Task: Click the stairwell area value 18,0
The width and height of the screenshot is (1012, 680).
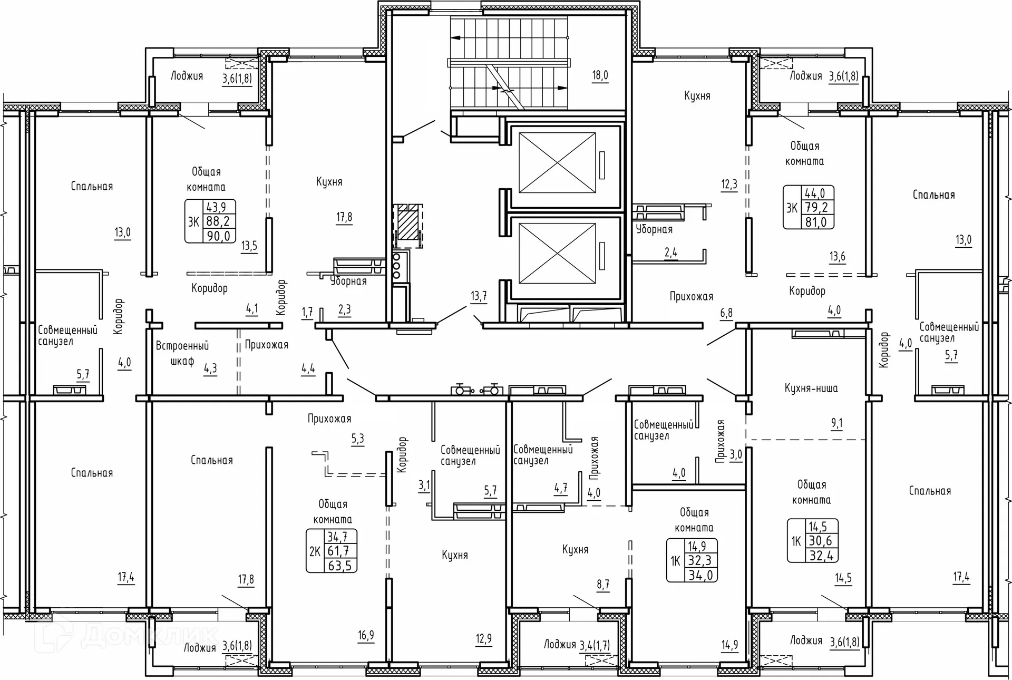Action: tap(600, 75)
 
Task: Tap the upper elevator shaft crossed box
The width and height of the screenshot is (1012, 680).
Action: tap(557, 163)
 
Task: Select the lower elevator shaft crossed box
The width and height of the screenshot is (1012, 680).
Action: tap(557, 254)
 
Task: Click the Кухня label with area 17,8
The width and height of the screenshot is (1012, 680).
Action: tap(329, 182)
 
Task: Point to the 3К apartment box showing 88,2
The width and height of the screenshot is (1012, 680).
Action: tap(210, 221)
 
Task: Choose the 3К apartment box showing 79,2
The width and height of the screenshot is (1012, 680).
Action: tap(809, 207)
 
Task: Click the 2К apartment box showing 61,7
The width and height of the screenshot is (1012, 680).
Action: tap(332, 551)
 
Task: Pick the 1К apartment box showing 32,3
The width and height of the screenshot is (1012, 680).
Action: tap(692, 560)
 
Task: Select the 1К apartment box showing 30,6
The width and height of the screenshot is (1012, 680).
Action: tap(813, 541)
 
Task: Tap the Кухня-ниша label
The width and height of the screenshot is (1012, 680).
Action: tap(811, 388)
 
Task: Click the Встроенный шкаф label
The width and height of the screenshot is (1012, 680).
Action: tap(182, 353)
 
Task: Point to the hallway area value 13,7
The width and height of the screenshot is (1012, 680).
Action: tap(479, 296)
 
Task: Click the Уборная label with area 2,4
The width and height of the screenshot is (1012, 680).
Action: tap(654, 229)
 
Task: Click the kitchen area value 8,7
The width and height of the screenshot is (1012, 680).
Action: tap(603, 584)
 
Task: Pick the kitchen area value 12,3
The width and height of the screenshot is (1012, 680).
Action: tap(729, 184)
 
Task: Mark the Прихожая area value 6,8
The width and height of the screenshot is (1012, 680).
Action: tap(726, 313)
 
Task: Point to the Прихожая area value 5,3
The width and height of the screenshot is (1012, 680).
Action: tap(357, 439)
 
